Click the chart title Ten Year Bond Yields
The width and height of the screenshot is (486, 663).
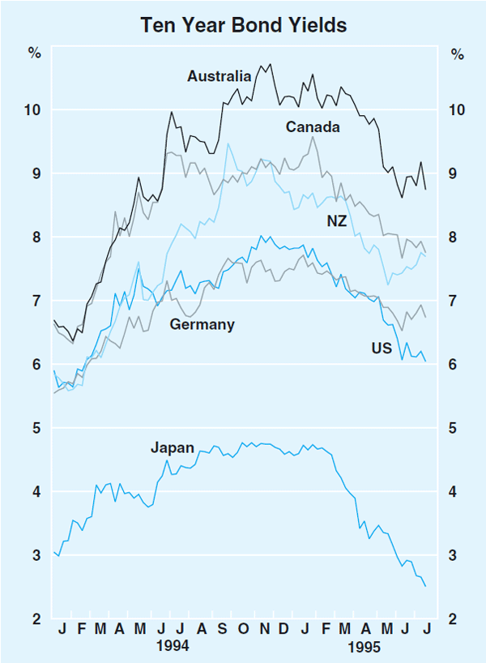244,25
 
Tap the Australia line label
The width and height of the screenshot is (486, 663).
219,77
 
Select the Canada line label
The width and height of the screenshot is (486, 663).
313,127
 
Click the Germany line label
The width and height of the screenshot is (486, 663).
202,325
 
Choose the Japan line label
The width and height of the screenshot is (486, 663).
172,447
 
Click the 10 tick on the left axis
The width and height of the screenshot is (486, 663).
33,110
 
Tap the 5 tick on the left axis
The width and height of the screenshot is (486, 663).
37,428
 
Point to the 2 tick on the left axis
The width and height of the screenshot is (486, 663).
37,619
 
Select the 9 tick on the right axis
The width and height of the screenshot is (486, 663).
456,173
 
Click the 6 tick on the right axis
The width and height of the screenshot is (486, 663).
456,365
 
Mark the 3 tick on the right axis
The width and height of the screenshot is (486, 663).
456,556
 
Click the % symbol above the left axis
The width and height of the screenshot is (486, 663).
34,55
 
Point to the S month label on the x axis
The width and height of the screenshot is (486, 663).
221,629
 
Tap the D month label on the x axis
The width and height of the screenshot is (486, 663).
283,629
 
